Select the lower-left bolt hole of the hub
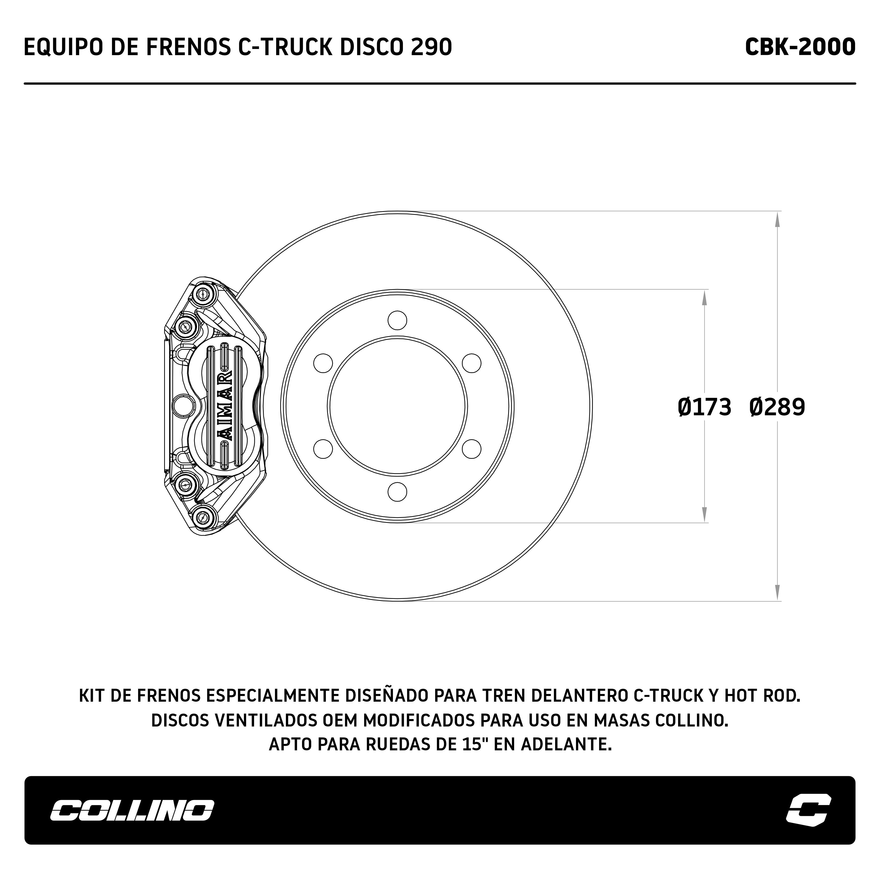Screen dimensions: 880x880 (323, 449)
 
